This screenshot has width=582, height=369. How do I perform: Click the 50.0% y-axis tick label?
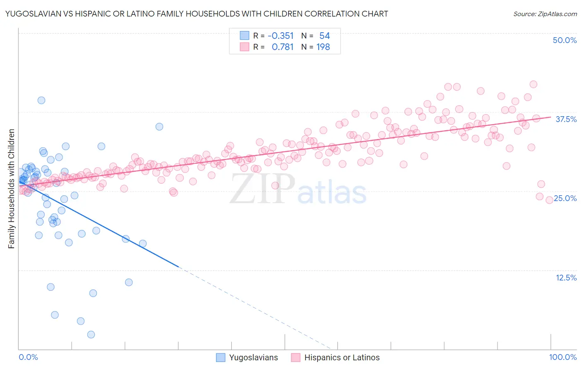pos(565,40)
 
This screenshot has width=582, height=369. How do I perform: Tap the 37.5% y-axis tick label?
pos(566,119)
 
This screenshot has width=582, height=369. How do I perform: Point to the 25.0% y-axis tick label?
pos(565,198)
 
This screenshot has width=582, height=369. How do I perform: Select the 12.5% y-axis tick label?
pos(566,278)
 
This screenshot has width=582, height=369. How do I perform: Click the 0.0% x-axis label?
pos(28,357)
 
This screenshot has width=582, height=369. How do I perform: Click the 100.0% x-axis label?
pos(563,357)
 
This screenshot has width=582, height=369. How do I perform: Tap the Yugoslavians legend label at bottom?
pos(253,357)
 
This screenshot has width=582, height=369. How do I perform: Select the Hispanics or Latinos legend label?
pos(342,357)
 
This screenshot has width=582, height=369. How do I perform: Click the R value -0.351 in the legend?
pos(281,36)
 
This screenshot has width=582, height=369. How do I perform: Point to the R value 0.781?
pos(283,47)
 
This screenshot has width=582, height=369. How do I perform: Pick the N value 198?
pos(323,47)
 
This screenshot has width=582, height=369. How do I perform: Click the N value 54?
pos(325,36)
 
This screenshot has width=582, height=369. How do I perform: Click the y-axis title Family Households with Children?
pos(12,189)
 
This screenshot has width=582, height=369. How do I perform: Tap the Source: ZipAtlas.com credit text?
pos(545,14)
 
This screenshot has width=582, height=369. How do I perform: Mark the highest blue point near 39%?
pos(41,100)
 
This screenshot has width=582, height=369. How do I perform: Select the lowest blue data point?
pos(91,334)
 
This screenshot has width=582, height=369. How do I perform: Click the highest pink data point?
pos(534,84)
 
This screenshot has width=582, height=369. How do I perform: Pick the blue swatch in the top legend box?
pos(245,36)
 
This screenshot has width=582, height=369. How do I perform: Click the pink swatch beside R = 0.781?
pos(245,47)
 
